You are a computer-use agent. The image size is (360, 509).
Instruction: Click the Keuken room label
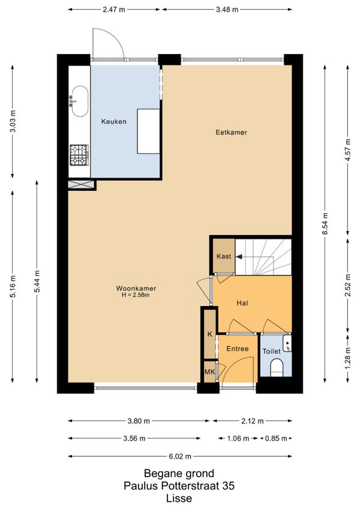(x=113, y=122)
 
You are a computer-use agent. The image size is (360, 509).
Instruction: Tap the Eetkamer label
(x=231, y=133)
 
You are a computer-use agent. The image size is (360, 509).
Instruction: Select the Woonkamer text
(x=136, y=288)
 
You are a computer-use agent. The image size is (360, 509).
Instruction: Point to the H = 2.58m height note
(x=136, y=295)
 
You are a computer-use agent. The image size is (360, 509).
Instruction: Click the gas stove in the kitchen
(x=79, y=155)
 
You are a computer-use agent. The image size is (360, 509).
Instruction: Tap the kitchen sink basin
(x=80, y=101)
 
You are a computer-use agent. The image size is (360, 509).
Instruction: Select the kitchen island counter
(x=148, y=131)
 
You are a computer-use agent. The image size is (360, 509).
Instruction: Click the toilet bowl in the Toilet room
(x=277, y=368)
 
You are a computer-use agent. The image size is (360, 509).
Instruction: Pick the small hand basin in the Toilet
(x=287, y=343)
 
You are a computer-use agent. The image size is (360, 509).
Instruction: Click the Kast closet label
(x=224, y=256)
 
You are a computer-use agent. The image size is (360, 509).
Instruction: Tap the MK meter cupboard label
(x=210, y=372)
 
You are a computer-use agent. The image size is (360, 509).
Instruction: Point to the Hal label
(x=242, y=303)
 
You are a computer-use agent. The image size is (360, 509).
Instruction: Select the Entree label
(x=237, y=349)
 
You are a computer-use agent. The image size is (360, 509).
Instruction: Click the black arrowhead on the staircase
(x=239, y=257)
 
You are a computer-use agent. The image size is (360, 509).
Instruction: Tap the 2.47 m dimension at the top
(x=113, y=10)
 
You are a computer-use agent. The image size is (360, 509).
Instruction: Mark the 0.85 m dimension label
(x=276, y=439)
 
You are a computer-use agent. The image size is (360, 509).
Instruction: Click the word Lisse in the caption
(x=179, y=498)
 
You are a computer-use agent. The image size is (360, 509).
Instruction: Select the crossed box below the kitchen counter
(x=81, y=184)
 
